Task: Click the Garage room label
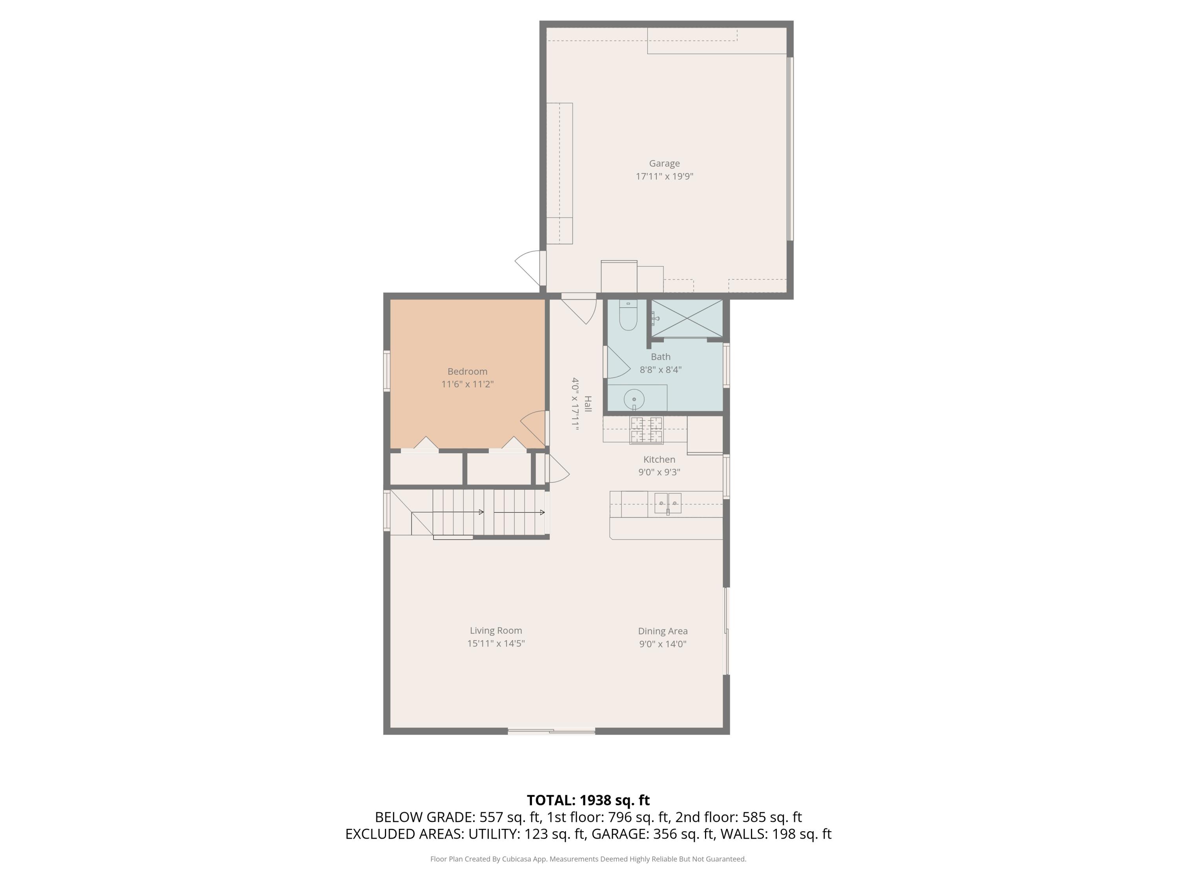point(664,163)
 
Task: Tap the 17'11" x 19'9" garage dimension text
point(664,176)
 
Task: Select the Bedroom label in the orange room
point(467,372)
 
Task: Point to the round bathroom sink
point(634,399)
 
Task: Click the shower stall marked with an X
point(687,318)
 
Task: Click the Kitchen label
point(659,459)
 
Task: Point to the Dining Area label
point(663,631)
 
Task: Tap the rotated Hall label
point(587,403)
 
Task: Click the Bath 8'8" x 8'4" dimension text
point(660,369)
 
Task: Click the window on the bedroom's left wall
point(387,371)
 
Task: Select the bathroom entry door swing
point(617,363)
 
